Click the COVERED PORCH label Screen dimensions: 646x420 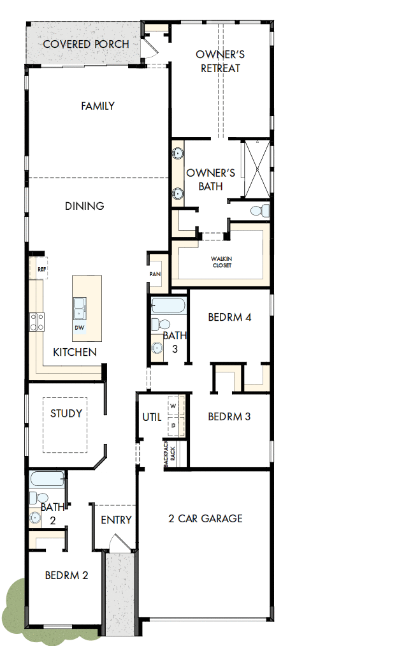[x=85, y=44]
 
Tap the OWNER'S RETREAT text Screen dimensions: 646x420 [x=220, y=61]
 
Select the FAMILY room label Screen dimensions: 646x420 [x=98, y=106]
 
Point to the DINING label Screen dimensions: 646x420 [x=85, y=206]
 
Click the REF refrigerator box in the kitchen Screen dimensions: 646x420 [x=41, y=269]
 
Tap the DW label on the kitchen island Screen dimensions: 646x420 [x=79, y=328]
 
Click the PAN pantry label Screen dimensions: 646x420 [x=154, y=274]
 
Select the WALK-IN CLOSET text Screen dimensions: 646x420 [x=222, y=261]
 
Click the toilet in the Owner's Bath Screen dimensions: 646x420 [x=257, y=210]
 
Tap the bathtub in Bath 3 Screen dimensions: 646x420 [x=169, y=305]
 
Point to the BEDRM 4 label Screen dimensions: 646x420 [x=230, y=317]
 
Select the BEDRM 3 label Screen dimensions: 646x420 [x=229, y=416]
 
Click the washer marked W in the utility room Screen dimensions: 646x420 [x=173, y=404]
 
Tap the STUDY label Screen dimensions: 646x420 [x=66, y=413]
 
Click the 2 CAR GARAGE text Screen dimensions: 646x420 [x=205, y=518]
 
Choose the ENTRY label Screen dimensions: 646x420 [x=116, y=520]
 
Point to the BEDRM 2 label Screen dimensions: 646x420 [x=66, y=575]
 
